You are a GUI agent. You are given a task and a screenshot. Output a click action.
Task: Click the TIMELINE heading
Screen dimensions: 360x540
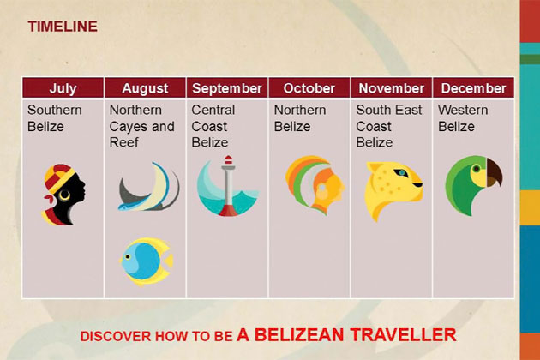63,27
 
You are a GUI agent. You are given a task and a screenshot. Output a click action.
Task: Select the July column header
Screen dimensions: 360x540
63,88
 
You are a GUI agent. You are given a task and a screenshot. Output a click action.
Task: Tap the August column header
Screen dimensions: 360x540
145,88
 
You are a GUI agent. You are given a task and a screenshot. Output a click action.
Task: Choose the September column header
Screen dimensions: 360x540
227,88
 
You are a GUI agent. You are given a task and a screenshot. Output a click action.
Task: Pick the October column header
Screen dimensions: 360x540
309,88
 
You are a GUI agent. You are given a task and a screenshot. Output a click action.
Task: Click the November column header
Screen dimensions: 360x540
392,88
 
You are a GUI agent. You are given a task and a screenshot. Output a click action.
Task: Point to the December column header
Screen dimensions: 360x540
473,88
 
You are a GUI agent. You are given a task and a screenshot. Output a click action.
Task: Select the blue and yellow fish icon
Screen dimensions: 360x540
146,261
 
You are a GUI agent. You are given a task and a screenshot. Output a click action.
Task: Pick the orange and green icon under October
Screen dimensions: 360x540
314,184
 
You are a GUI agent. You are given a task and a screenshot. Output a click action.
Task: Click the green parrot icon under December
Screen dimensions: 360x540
472,183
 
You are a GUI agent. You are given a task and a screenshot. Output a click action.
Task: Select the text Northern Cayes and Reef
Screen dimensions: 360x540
141,126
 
